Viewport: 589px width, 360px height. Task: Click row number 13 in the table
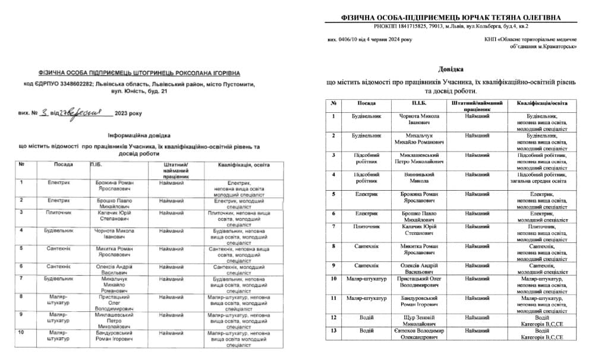(x=334, y=330)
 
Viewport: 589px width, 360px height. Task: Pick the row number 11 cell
(x=334, y=298)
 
